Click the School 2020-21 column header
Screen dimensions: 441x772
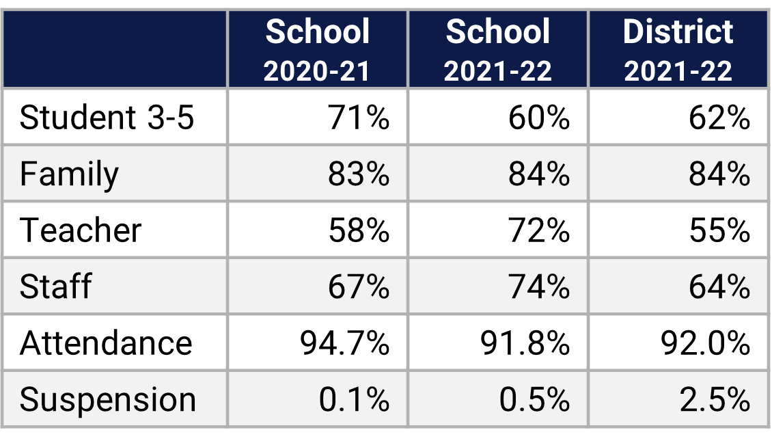point(318,50)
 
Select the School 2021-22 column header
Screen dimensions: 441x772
point(497,50)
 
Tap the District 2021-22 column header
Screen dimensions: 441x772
point(678,50)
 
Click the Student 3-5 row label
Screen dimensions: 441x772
point(107,118)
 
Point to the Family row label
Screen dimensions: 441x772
point(69,174)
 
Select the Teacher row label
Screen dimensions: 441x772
point(81,230)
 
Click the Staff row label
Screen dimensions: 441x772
point(55,286)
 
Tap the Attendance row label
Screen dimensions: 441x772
point(106,343)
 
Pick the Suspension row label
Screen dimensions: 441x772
point(108,399)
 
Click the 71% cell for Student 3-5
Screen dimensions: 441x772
point(358,118)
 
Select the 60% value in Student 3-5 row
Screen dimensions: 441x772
point(538,118)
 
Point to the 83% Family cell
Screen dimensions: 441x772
point(358,174)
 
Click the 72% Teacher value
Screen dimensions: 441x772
point(538,230)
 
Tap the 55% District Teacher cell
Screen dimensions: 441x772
point(719,230)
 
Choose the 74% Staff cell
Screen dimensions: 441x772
point(538,286)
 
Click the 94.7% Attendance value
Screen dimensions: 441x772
point(344,343)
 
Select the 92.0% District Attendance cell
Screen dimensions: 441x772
point(705,343)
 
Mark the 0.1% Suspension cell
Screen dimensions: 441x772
point(354,399)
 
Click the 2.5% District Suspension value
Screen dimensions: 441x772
point(715,399)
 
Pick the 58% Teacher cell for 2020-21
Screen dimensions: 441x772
point(358,230)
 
